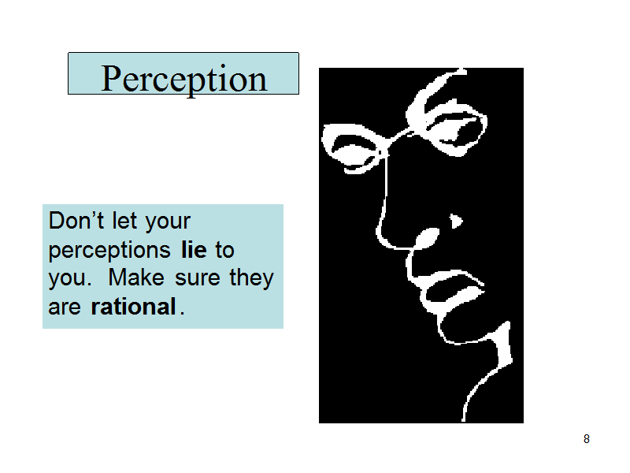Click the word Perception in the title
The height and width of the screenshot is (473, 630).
(x=184, y=80)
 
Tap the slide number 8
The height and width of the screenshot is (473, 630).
(x=587, y=439)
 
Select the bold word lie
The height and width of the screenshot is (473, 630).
(x=194, y=250)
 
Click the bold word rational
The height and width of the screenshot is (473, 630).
(x=133, y=307)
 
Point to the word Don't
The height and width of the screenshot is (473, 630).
(x=76, y=221)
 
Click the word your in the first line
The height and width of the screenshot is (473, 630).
(x=168, y=223)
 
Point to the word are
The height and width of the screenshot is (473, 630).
(x=65, y=308)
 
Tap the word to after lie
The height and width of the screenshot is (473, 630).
(x=224, y=251)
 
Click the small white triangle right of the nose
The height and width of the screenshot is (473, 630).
(x=456, y=221)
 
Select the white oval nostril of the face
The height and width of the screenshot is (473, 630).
(x=426, y=238)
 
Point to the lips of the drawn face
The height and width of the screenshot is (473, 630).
(x=452, y=290)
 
